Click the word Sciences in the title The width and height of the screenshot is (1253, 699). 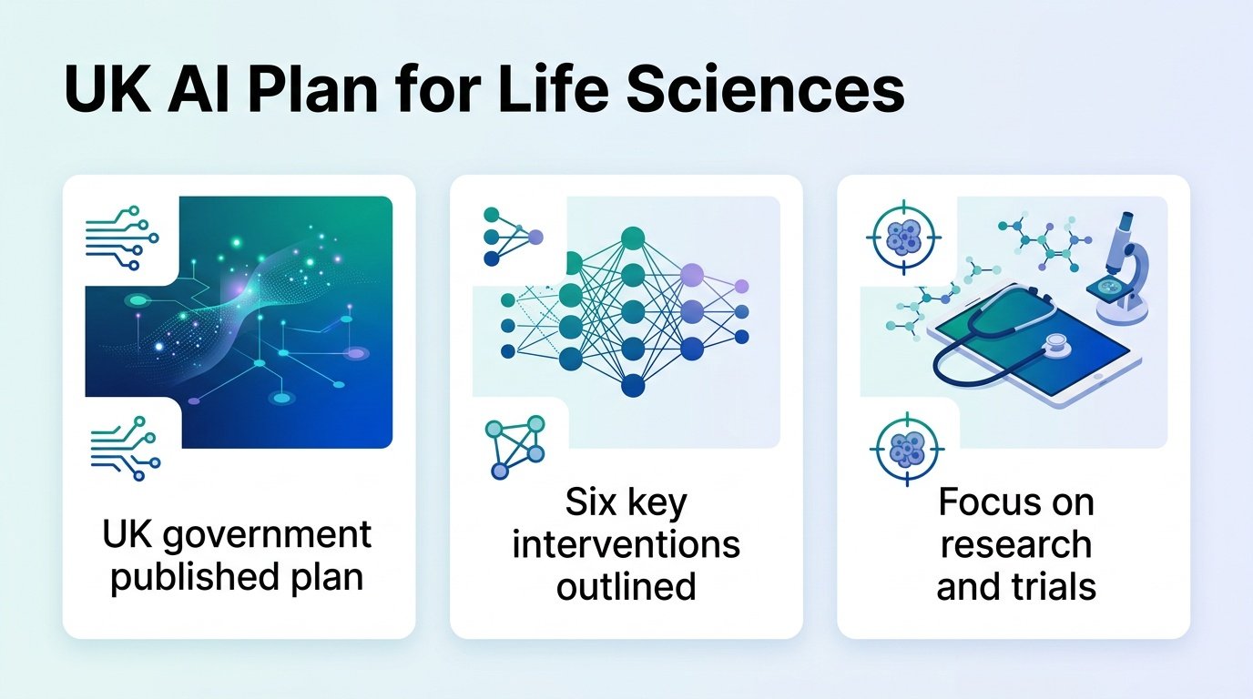764,89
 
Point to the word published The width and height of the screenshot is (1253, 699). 192,578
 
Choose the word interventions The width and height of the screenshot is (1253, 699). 626,544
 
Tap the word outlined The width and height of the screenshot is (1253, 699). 626,586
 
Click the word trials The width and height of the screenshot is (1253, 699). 1050,586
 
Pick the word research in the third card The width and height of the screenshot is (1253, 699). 1016,544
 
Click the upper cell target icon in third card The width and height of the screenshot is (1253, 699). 904,238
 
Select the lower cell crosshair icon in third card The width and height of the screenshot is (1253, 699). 907,449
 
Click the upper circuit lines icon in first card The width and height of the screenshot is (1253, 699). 122,238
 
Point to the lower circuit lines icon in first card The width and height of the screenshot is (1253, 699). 126,449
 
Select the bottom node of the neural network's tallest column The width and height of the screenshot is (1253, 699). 633,385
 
